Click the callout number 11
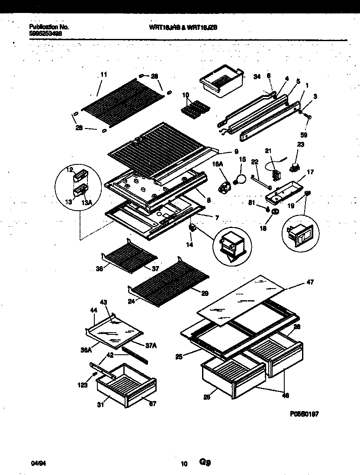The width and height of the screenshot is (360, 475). [x=103, y=74]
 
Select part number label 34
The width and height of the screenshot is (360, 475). [x=257, y=77]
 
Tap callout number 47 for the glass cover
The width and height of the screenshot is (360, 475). [x=310, y=282]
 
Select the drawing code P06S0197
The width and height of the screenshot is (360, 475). [x=304, y=414]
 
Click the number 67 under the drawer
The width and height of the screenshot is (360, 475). [x=152, y=404]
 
